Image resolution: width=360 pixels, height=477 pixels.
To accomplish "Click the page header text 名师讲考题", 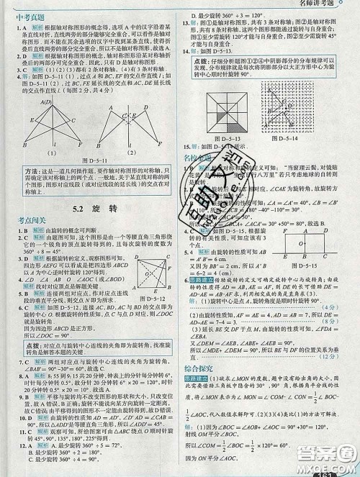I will click(x=317, y=5).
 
